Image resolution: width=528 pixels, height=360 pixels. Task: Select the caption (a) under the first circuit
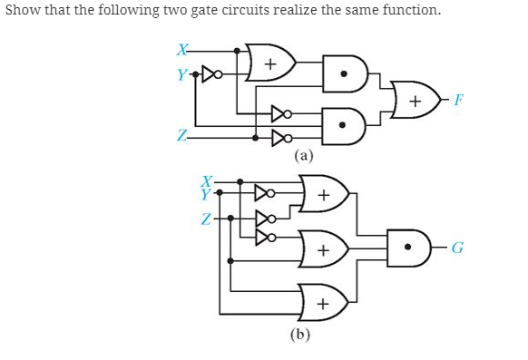click(x=304, y=155)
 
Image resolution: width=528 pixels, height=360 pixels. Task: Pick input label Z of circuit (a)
click(x=182, y=137)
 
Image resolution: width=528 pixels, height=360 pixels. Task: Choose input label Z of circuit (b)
click(x=208, y=219)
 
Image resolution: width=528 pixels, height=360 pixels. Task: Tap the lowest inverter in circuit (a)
click(x=279, y=139)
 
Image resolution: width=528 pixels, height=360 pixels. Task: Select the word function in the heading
click(x=409, y=11)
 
